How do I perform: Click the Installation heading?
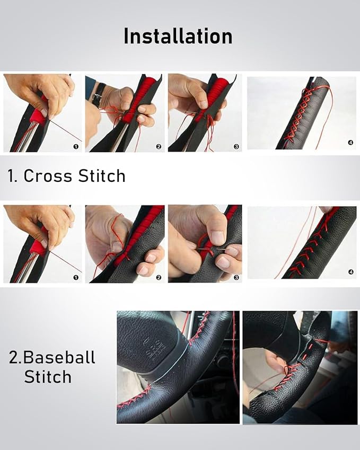178,37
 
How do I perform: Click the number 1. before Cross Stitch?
12,176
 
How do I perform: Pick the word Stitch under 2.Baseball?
48,377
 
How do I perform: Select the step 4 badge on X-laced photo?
350,143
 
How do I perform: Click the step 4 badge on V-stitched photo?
350,272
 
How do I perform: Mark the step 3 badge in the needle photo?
236,277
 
